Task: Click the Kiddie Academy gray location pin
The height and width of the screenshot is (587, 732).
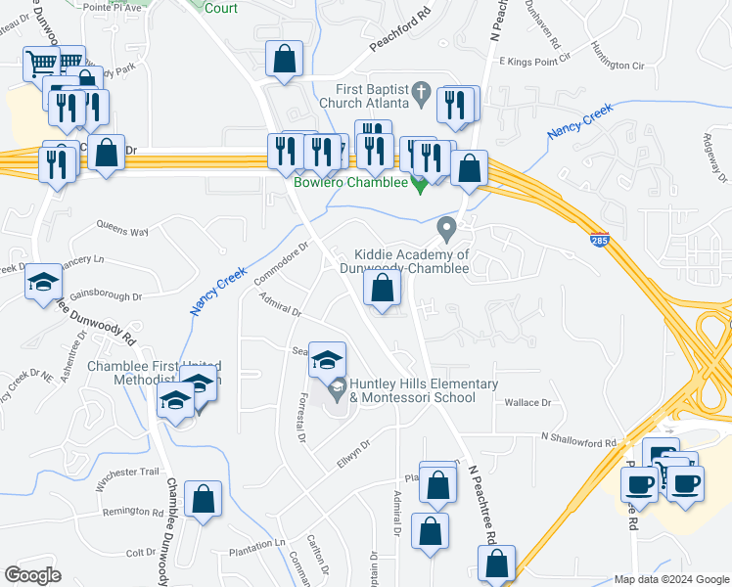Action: (448, 230)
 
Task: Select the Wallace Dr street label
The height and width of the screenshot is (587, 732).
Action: (528, 402)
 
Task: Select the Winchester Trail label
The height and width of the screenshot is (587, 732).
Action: (127, 477)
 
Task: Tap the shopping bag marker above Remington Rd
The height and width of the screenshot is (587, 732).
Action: (203, 499)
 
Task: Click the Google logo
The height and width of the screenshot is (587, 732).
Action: (32, 575)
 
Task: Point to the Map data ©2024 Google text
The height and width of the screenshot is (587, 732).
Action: (670, 579)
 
